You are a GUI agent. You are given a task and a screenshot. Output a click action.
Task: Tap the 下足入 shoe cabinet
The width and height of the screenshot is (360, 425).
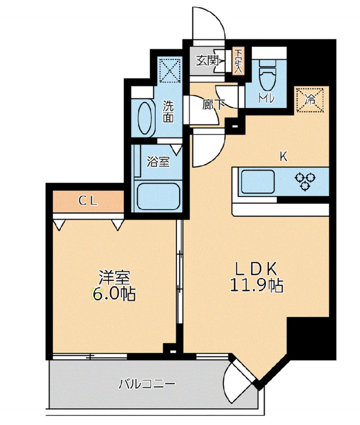click(x=238, y=62)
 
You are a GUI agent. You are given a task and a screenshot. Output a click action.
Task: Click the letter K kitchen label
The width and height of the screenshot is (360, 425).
click(x=284, y=156)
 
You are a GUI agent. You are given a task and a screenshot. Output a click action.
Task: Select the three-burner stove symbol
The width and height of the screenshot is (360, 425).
click(x=306, y=181)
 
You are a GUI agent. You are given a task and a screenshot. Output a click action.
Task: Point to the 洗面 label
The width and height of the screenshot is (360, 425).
click(x=168, y=111)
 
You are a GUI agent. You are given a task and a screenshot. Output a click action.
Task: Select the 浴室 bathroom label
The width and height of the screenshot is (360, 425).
click(x=158, y=162)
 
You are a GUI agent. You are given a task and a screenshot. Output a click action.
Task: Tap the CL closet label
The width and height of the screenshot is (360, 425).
click(x=88, y=201)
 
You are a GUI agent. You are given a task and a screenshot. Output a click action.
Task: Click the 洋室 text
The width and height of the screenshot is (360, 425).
click(x=114, y=278)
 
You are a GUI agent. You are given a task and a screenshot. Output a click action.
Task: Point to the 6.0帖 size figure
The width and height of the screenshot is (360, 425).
click(x=114, y=294)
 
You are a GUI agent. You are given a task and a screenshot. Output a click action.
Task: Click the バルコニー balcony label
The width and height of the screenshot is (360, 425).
click(x=147, y=384)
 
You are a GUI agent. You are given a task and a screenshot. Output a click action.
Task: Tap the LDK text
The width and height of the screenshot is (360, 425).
click(x=256, y=268)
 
